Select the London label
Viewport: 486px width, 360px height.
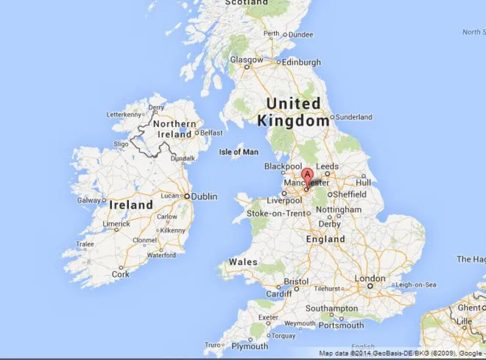(x=370, y=278)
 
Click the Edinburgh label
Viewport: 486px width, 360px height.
(x=302, y=61)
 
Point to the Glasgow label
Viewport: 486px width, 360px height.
(x=247, y=60)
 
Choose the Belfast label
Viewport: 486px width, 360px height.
(x=211, y=133)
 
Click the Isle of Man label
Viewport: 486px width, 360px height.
(x=239, y=152)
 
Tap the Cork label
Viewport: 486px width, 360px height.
(x=120, y=274)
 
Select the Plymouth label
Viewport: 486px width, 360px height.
(x=250, y=346)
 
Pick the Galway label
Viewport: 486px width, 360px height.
(x=89, y=200)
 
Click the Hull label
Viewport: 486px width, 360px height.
(x=364, y=182)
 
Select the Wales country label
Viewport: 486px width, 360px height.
(x=243, y=262)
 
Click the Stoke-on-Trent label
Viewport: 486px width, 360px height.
(x=275, y=213)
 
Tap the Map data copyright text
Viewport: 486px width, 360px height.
(x=398, y=354)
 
